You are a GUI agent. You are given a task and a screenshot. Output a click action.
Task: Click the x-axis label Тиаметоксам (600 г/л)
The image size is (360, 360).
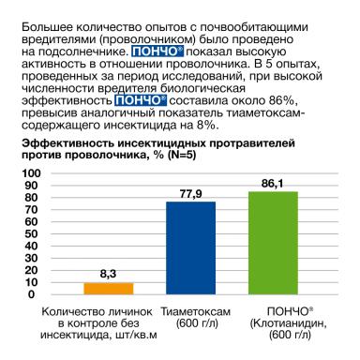coord(191,317)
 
